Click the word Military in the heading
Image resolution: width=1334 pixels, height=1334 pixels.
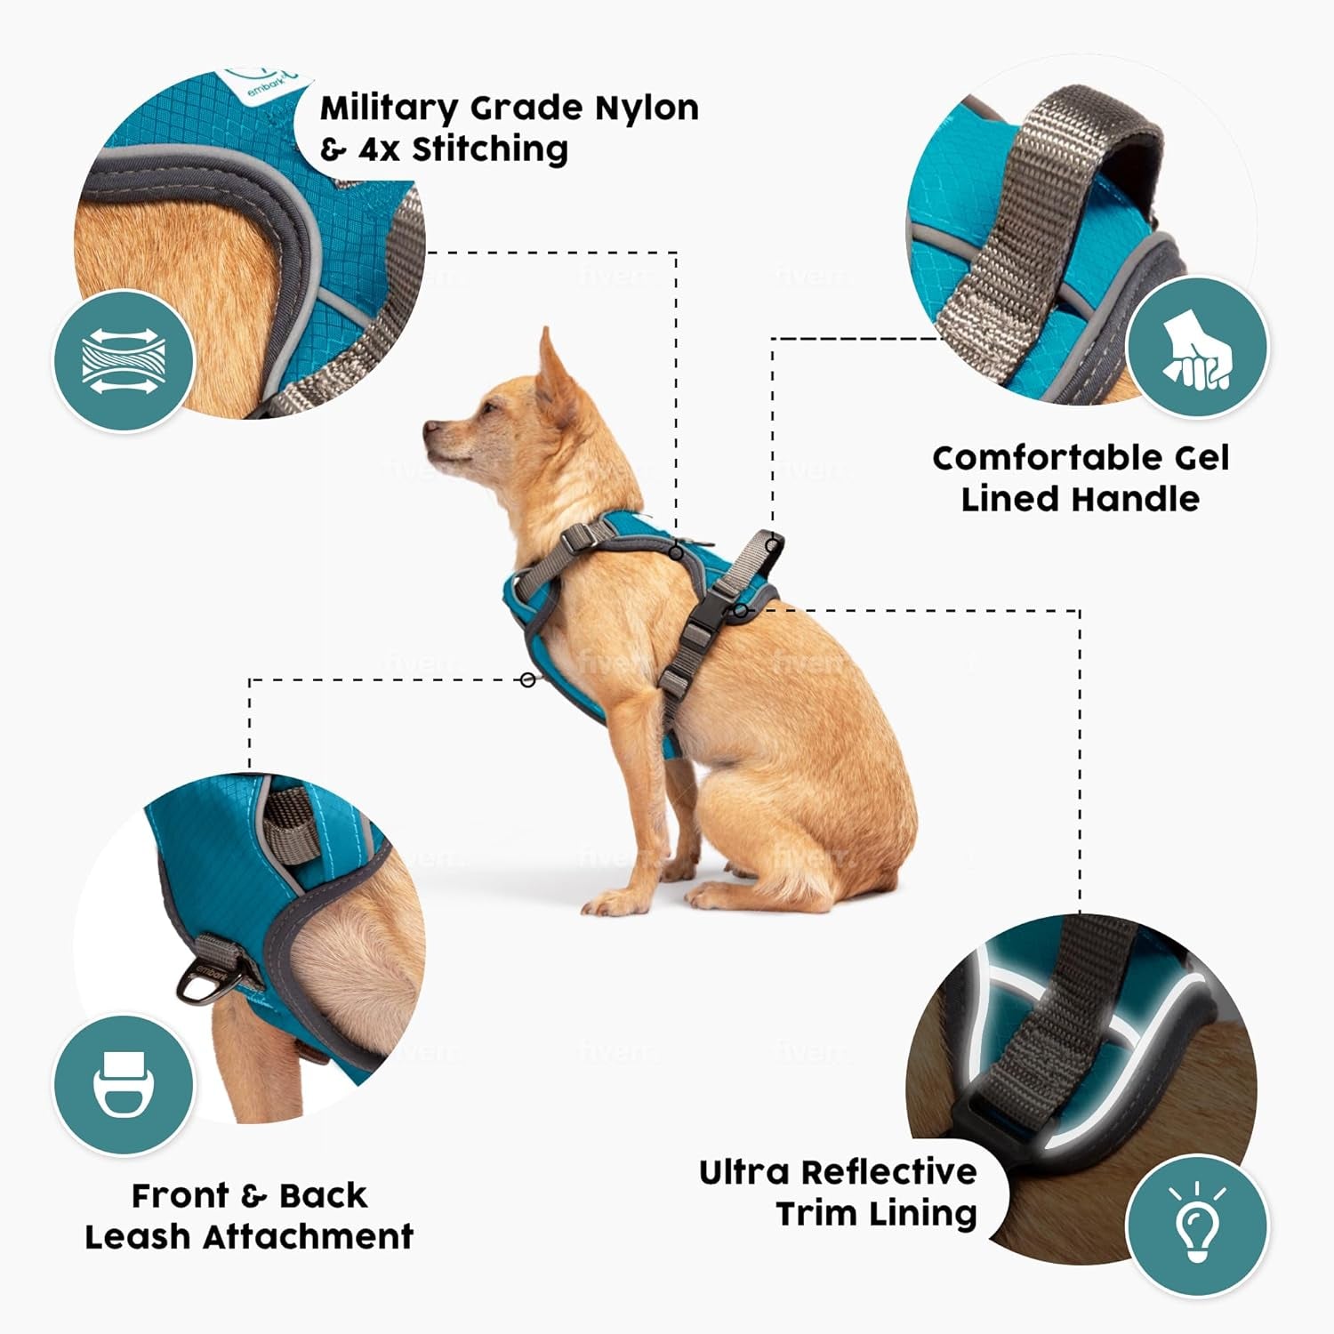point(389,109)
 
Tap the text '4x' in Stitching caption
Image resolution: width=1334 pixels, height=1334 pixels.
point(379,149)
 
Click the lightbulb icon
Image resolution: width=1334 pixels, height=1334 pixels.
point(1196,1226)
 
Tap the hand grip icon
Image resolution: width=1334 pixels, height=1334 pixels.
point(1196,348)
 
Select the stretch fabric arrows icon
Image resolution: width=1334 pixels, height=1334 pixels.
point(125,362)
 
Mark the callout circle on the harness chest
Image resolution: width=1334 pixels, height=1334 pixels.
point(528,679)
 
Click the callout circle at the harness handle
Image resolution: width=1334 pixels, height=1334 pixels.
point(772,542)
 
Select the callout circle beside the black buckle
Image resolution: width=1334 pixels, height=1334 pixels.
point(740,611)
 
